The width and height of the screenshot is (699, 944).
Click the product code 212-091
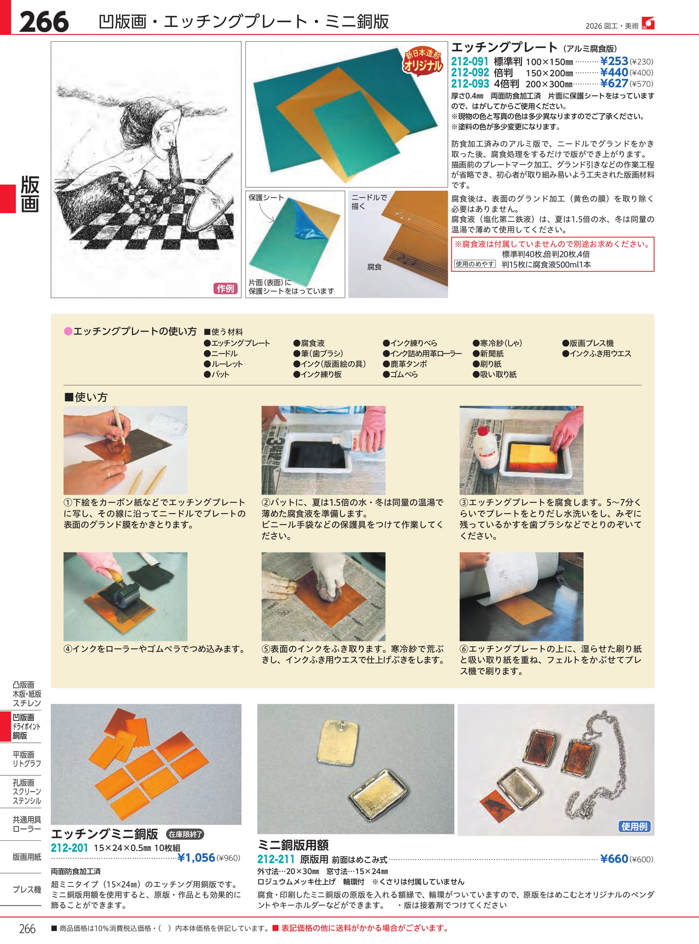pyautogui.click(x=470, y=61)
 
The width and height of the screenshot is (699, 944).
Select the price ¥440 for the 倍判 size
pyautogui.click(x=614, y=72)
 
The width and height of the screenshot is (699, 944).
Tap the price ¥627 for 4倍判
pyautogui.click(x=614, y=84)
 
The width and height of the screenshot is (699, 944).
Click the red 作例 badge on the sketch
pyautogui.click(x=226, y=289)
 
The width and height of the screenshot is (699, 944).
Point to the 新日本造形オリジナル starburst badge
pyautogui.click(x=423, y=60)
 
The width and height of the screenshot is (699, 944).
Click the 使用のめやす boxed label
pyautogui.click(x=474, y=264)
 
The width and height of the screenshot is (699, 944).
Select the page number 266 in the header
pyautogui.click(x=44, y=22)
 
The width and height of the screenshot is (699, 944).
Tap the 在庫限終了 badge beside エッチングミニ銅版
pyautogui.click(x=185, y=834)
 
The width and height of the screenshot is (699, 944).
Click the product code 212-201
pyautogui.click(x=69, y=848)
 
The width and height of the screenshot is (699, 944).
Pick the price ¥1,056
pyautogui.click(x=196, y=858)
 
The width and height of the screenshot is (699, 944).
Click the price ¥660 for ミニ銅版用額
pyautogui.click(x=614, y=859)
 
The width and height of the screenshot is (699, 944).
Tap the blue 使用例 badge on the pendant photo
pyautogui.click(x=635, y=826)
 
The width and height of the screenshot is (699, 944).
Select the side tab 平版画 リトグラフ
pyautogui.click(x=27, y=759)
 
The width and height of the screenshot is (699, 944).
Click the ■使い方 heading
pyautogui.click(x=86, y=397)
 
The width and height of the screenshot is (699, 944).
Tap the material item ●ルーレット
pyautogui.click(x=223, y=364)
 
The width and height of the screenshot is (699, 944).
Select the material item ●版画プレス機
pyautogui.click(x=588, y=343)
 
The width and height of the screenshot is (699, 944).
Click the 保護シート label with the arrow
pyautogui.click(x=266, y=198)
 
